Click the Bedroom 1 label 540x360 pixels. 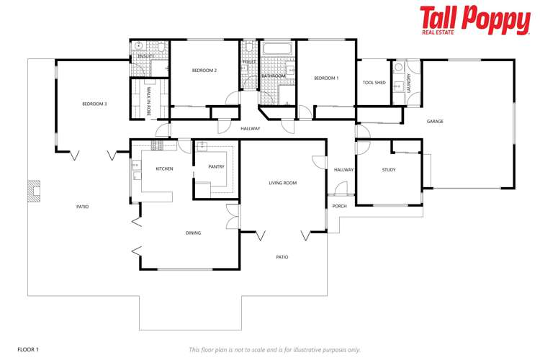[326, 77]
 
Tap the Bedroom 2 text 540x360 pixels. [204, 70]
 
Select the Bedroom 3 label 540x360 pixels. [94, 104]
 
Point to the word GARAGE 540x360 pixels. [435, 122]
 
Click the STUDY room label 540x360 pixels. [390, 170]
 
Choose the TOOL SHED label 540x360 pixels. [374, 83]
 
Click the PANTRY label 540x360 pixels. [216, 166]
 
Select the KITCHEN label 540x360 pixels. [164, 168]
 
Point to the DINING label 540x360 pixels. [193, 233]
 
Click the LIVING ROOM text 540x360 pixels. [283, 183]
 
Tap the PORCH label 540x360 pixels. [339, 206]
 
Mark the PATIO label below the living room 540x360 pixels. [282, 256]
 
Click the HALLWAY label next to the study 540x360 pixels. [343, 170]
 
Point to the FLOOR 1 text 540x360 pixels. [28, 349]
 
